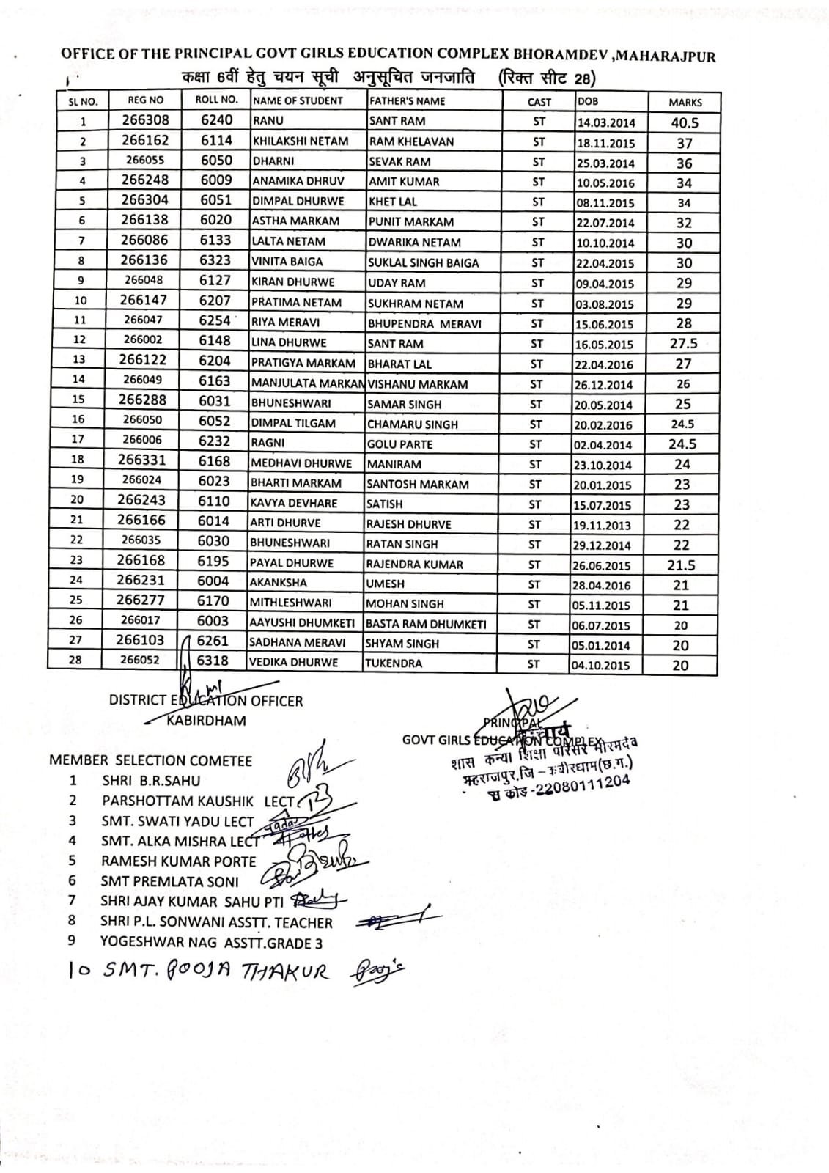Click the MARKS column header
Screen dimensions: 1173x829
coord(685,103)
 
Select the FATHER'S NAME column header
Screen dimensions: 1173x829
coord(407,101)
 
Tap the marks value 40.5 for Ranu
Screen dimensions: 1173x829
coord(685,122)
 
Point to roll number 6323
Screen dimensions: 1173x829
coord(215,260)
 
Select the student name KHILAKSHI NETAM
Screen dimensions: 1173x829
coord(300,141)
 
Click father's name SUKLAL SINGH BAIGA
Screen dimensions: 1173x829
coord(423,262)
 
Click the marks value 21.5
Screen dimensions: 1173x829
coord(681,565)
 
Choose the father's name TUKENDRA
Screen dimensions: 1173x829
coord(394,663)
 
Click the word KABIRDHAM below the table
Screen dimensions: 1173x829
coord(207,720)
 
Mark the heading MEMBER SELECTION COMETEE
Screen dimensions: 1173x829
coord(150,760)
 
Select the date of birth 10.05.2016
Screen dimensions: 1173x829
coord(604,183)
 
